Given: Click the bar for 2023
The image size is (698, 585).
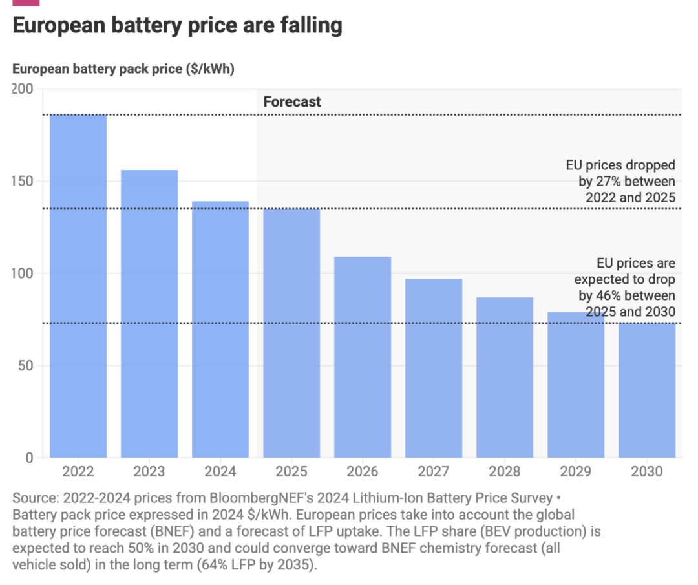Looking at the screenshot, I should (x=149, y=314).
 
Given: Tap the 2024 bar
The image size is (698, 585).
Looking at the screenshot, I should (x=220, y=330).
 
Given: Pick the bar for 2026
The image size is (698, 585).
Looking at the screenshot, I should (x=363, y=357).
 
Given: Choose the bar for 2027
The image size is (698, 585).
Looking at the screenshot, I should (x=434, y=368).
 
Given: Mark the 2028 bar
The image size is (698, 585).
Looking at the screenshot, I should (x=505, y=378).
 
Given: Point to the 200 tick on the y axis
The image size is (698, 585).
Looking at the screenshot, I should (x=23, y=89).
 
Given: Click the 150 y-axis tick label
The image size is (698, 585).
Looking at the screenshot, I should (x=23, y=182).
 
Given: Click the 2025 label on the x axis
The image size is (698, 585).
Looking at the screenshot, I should (x=291, y=472).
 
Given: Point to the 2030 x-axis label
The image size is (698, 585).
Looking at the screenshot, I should (x=647, y=472).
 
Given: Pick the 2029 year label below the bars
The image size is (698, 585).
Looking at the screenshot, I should (x=576, y=472).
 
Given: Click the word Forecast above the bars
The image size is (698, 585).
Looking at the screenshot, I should (x=292, y=102).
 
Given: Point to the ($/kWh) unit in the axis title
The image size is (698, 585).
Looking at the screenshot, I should (x=209, y=69).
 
